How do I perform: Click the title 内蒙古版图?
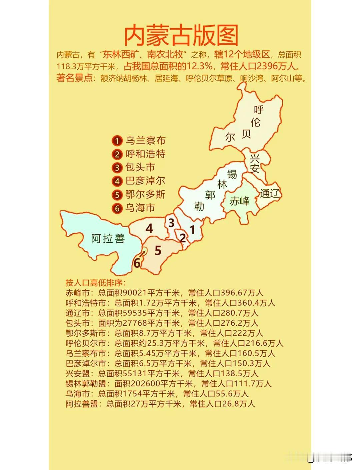pos(181,35)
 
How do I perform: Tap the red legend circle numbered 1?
pos(117,141)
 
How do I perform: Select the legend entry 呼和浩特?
pos(145,154)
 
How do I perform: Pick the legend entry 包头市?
pos(140,167)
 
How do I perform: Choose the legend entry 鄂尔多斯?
pos(145,194)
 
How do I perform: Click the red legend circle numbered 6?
pos(117,208)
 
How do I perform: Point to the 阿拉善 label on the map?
pos(108,239)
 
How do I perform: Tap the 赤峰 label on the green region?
pos(240,201)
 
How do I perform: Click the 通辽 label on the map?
pos(269,193)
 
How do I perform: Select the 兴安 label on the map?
pos(255,163)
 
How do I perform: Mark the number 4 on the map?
pos(149,229)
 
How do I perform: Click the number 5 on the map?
pos(158,250)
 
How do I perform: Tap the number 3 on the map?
pos(171,223)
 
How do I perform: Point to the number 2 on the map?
pos(183,238)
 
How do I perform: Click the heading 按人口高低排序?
pos(96,283)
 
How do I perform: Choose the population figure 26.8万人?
pos(238,404)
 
